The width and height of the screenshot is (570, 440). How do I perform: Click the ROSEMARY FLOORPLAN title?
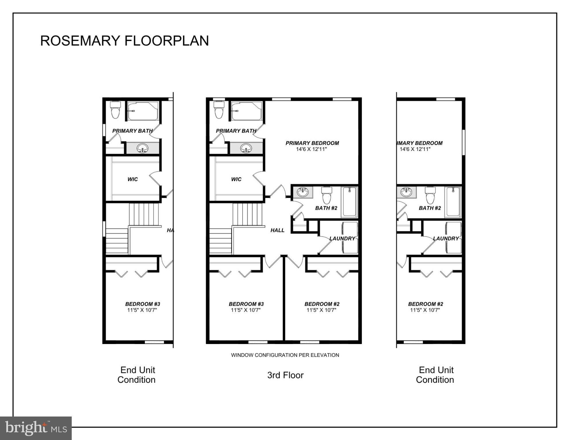click(124, 41)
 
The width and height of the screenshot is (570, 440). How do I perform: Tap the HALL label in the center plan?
click(277, 230)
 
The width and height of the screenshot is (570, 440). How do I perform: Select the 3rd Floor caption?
click(285, 375)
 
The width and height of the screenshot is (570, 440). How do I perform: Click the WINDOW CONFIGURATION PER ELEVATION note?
click(285, 355)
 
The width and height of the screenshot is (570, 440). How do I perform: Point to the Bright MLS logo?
click(36, 428)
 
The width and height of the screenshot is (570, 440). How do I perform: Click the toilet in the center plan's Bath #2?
click(326, 195)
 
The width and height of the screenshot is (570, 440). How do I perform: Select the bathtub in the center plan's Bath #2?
click(349, 202)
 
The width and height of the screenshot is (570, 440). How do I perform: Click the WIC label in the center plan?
click(236, 179)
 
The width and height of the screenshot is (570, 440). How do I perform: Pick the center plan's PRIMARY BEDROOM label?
click(312, 143)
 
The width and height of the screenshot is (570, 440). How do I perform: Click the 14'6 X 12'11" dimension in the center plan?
click(312, 149)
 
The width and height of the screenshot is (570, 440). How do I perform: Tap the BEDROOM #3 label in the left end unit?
click(143, 304)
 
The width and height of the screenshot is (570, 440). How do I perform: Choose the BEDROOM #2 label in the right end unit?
click(426, 304)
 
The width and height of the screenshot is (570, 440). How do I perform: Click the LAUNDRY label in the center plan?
click(342, 238)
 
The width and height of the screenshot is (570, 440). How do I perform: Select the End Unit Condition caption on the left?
click(137, 375)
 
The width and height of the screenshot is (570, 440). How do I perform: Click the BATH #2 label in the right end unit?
click(430, 208)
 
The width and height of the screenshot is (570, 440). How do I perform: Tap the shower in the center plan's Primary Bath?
click(247, 111)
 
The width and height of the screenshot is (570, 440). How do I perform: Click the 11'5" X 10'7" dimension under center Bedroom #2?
click(321, 310)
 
